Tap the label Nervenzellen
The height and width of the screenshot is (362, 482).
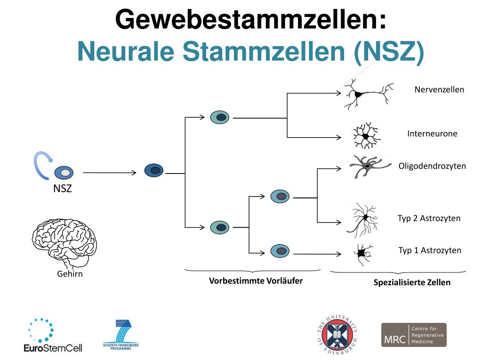tap(439, 90)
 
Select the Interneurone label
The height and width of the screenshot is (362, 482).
tap(432, 134)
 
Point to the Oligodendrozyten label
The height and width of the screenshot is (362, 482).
tap(432, 166)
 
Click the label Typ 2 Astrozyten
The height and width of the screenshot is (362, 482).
tap(429, 218)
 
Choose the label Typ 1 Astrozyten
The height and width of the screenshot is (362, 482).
tap(430, 250)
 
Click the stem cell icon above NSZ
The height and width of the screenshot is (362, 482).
tap(64, 173)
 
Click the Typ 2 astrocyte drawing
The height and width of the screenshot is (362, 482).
tap(363, 218)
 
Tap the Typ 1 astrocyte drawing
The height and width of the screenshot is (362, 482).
tap(363, 254)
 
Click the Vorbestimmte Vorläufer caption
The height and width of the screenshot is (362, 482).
tap(256, 281)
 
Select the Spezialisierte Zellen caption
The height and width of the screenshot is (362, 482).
tap(412, 283)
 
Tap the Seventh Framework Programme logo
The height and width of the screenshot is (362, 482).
tap(121, 335)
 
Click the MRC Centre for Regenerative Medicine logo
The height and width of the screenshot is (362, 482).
tap(413, 335)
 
